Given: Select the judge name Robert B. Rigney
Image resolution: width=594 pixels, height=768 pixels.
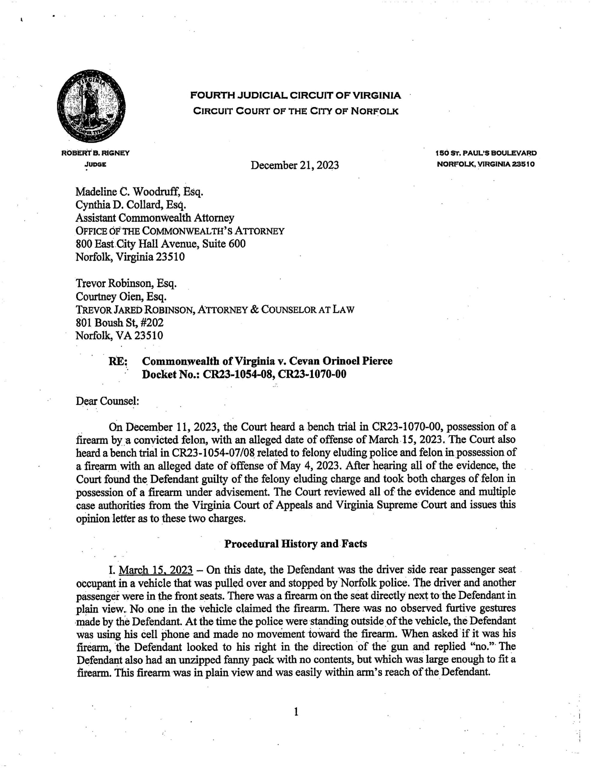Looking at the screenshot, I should (x=95, y=153).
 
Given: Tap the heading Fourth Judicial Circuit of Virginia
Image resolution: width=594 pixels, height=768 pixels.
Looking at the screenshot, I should (x=295, y=95).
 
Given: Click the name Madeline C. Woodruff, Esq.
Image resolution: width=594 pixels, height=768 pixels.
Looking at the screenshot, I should (x=139, y=192).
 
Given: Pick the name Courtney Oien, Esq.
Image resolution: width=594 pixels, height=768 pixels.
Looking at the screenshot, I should (x=121, y=297).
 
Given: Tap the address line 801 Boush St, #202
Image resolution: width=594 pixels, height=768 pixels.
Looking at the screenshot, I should (x=119, y=322).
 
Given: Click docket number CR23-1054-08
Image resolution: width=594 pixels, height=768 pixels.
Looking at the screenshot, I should (x=238, y=374).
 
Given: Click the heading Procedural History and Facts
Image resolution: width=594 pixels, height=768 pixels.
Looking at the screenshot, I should (x=295, y=544).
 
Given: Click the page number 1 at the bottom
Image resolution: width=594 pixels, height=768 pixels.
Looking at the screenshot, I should (x=296, y=712).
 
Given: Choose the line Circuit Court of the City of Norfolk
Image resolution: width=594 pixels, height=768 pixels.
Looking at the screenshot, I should (x=295, y=112).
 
